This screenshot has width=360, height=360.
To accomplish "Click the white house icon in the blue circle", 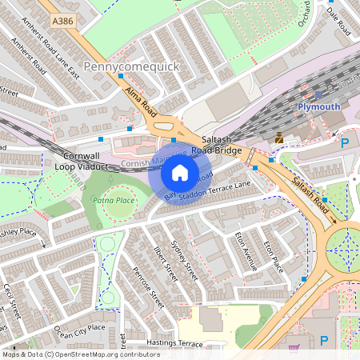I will [x=180, y=172].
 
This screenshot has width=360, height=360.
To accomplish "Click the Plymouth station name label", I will [x=318, y=106].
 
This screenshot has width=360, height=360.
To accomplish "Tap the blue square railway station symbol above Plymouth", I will [x=318, y=95].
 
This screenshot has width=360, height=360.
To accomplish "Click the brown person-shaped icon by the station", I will [x=278, y=138].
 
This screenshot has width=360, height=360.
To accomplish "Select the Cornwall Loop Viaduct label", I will [x=85, y=161].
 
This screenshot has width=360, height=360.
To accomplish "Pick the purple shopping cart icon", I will [x=294, y=348].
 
